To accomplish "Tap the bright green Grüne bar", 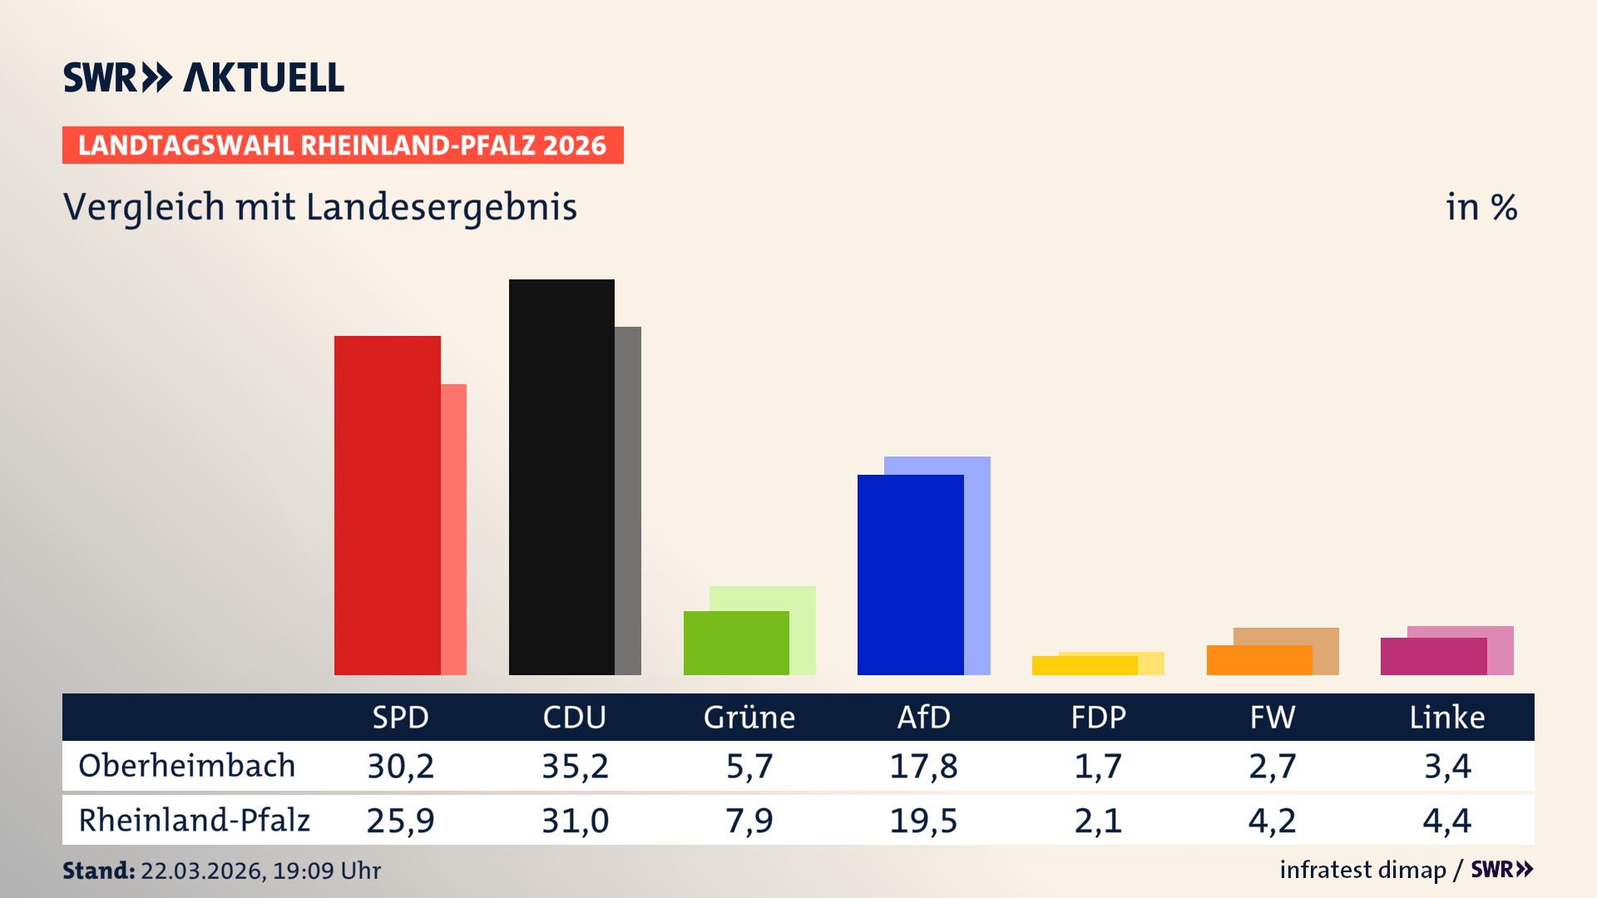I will (x=736, y=643).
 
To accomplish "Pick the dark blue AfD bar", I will (x=910, y=575).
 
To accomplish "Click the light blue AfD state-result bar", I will (x=978, y=565).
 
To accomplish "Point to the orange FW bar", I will (x=1258, y=660).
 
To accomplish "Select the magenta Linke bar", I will (x=1433, y=656).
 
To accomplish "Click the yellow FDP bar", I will (x=1084, y=665).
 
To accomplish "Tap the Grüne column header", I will (x=749, y=718).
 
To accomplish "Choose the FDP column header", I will (x=1098, y=718).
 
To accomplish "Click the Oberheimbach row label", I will (x=187, y=766).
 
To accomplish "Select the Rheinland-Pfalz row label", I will (x=194, y=821).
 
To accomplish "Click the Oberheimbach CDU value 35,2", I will (x=575, y=766).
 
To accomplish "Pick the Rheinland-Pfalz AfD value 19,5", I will (x=923, y=821).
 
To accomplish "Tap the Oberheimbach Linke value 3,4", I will (x=1447, y=766).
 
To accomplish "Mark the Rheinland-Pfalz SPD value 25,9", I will (x=400, y=821).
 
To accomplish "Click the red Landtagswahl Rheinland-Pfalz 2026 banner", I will (x=343, y=146).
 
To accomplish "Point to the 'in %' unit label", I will (x=1481, y=207).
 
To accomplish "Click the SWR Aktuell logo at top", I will (x=204, y=77).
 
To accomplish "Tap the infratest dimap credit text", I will (x=1362, y=870).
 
